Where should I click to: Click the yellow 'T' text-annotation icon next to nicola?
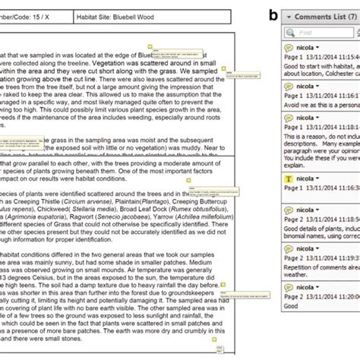coord(289,179)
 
